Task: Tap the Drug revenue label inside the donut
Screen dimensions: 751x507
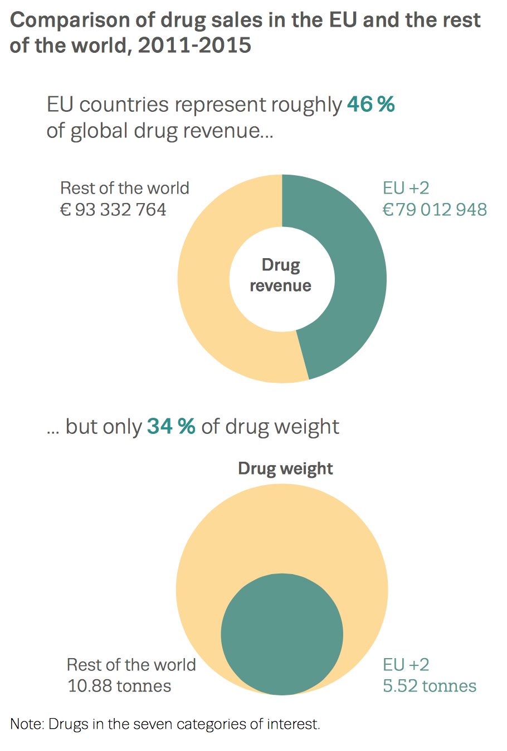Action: tap(281, 275)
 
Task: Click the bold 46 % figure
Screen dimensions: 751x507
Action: tap(370, 104)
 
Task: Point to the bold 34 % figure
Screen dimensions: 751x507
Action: tap(171, 426)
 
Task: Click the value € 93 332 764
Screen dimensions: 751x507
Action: tap(113, 210)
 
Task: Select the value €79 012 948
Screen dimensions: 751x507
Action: tap(435, 210)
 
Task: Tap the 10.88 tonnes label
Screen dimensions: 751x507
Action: tap(119, 686)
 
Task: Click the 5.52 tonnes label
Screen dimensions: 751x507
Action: tap(429, 686)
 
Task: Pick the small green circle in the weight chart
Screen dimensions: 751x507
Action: tap(282, 634)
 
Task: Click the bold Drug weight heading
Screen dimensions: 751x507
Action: tap(285, 468)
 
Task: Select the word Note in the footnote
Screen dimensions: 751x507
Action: tap(26, 724)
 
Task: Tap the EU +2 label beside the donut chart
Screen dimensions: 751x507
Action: tap(406, 188)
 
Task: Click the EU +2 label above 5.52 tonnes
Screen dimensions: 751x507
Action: tap(406, 665)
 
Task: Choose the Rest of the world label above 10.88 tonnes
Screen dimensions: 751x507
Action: tap(131, 665)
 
